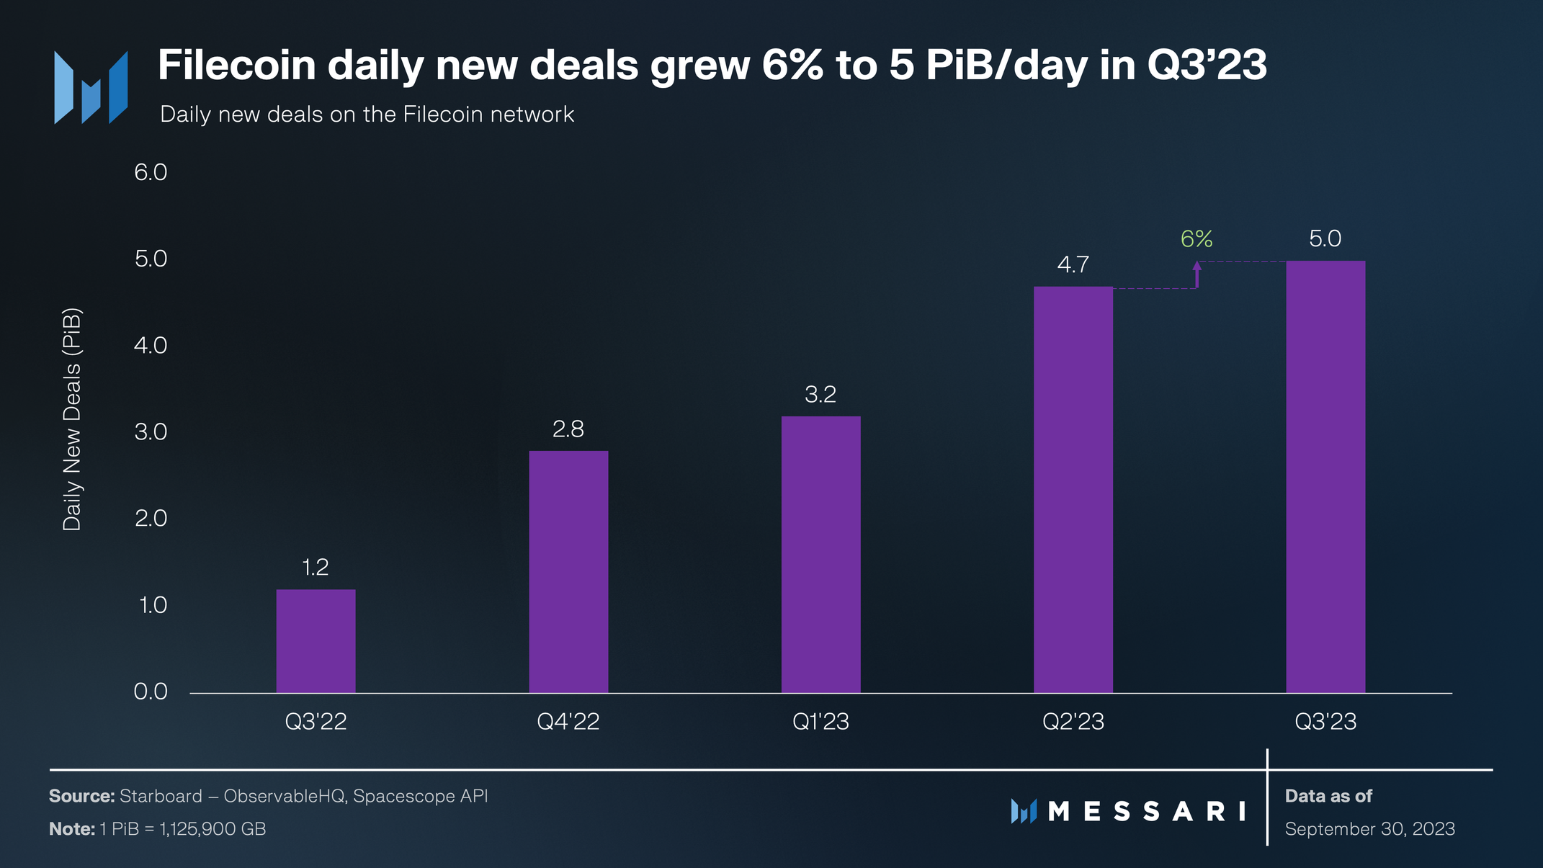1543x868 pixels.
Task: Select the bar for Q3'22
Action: point(316,641)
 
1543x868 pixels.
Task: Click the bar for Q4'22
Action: point(568,572)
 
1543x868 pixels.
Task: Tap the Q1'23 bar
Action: point(820,555)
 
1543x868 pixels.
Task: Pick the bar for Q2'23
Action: point(1073,490)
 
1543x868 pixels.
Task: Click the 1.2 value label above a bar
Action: point(316,568)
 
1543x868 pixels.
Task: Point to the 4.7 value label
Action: point(1073,265)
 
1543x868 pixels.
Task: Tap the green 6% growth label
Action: point(1197,239)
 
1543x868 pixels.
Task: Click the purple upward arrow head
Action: point(1197,266)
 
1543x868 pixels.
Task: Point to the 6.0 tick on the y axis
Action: point(151,172)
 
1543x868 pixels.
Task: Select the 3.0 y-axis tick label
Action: point(151,431)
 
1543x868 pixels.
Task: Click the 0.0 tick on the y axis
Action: point(151,692)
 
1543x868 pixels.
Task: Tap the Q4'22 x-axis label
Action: point(568,722)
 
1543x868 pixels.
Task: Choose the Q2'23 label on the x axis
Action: point(1073,722)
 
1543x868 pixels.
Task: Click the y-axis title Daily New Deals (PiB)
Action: point(72,419)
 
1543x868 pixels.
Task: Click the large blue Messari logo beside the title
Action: point(91,87)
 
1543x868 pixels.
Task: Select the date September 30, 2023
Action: point(1369,829)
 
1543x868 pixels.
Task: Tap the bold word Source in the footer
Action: point(81,796)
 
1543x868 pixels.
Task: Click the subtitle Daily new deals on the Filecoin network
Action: point(367,115)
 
